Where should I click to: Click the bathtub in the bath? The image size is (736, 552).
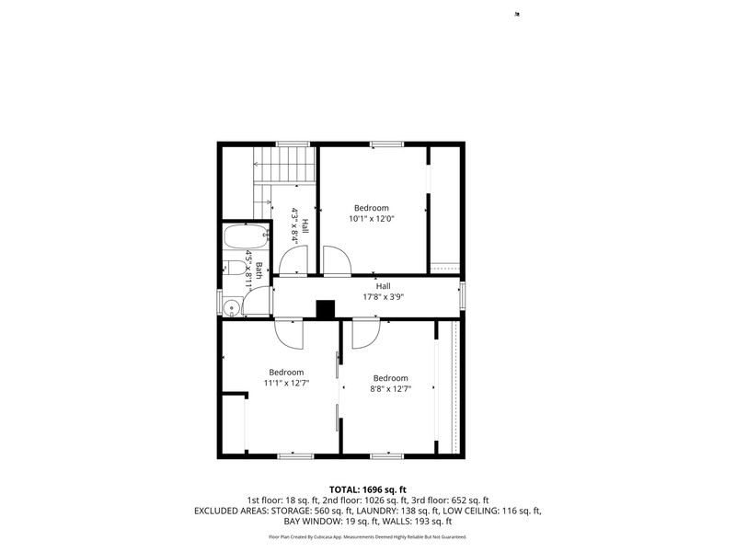[246, 236]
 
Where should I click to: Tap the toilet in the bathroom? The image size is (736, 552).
[235, 269]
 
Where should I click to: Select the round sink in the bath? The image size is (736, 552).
[232, 308]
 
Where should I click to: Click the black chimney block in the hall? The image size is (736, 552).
[326, 309]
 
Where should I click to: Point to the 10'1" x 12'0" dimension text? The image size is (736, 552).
[372, 218]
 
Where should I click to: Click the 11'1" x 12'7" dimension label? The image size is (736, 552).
[286, 383]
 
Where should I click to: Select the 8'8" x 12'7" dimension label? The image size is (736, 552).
[390, 388]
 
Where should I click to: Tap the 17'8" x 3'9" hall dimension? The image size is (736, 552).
[384, 296]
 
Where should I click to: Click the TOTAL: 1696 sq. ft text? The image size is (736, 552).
[367, 490]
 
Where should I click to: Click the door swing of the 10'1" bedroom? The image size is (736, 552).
[337, 260]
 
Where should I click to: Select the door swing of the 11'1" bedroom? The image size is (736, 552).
[289, 334]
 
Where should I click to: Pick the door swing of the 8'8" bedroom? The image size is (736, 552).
[365, 334]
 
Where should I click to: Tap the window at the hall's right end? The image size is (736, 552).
[462, 296]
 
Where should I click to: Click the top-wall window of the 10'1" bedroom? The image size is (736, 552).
[386, 144]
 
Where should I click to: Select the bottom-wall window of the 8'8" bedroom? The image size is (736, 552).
[386, 455]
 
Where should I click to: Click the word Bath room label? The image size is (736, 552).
[259, 270]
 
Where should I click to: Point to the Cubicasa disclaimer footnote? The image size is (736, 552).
[367, 536]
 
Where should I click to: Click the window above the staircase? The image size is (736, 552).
[293, 144]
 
